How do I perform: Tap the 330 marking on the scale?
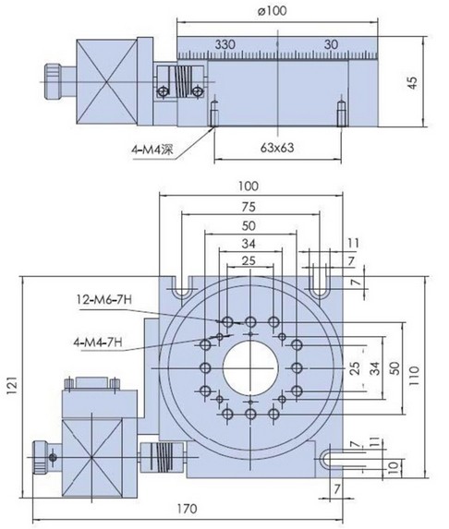point(224,44)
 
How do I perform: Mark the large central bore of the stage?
point(250,367)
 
